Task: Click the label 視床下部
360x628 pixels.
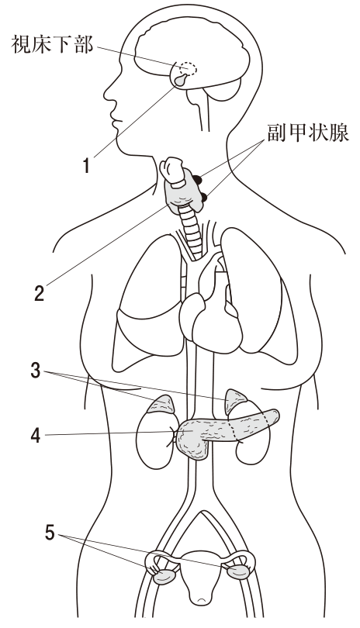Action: click(52, 43)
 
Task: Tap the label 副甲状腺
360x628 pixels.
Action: click(308, 132)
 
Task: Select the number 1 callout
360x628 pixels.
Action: click(86, 165)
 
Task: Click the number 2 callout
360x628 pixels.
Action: click(39, 293)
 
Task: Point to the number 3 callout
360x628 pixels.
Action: click(36, 371)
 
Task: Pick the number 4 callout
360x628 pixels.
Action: click(36, 435)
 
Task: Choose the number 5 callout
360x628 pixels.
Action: click(50, 533)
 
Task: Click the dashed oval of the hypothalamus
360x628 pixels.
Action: click(188, 69)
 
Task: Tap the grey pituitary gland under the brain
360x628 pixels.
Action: click(181, 80)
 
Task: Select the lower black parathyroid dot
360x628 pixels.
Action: click(203, 197)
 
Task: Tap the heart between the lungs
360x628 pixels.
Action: click(210, 316)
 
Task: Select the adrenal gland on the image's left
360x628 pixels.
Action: click(162, 405)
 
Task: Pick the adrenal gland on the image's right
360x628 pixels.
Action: click(237, 401)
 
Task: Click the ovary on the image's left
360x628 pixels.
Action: click(164, 577)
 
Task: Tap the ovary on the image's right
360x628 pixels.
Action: click(238, 571)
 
